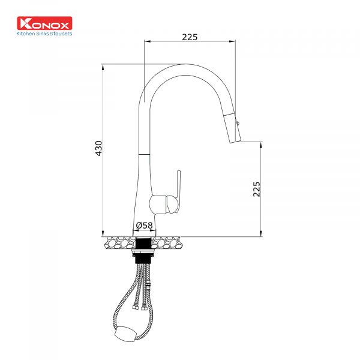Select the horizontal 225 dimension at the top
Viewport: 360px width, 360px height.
click(190, 37)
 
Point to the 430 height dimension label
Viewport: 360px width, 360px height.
click(99, 148)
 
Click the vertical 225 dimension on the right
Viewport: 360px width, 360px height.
click(256, 189)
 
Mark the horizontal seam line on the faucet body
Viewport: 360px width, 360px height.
click(143, 154)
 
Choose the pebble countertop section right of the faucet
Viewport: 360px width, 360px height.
click(169, 243)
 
